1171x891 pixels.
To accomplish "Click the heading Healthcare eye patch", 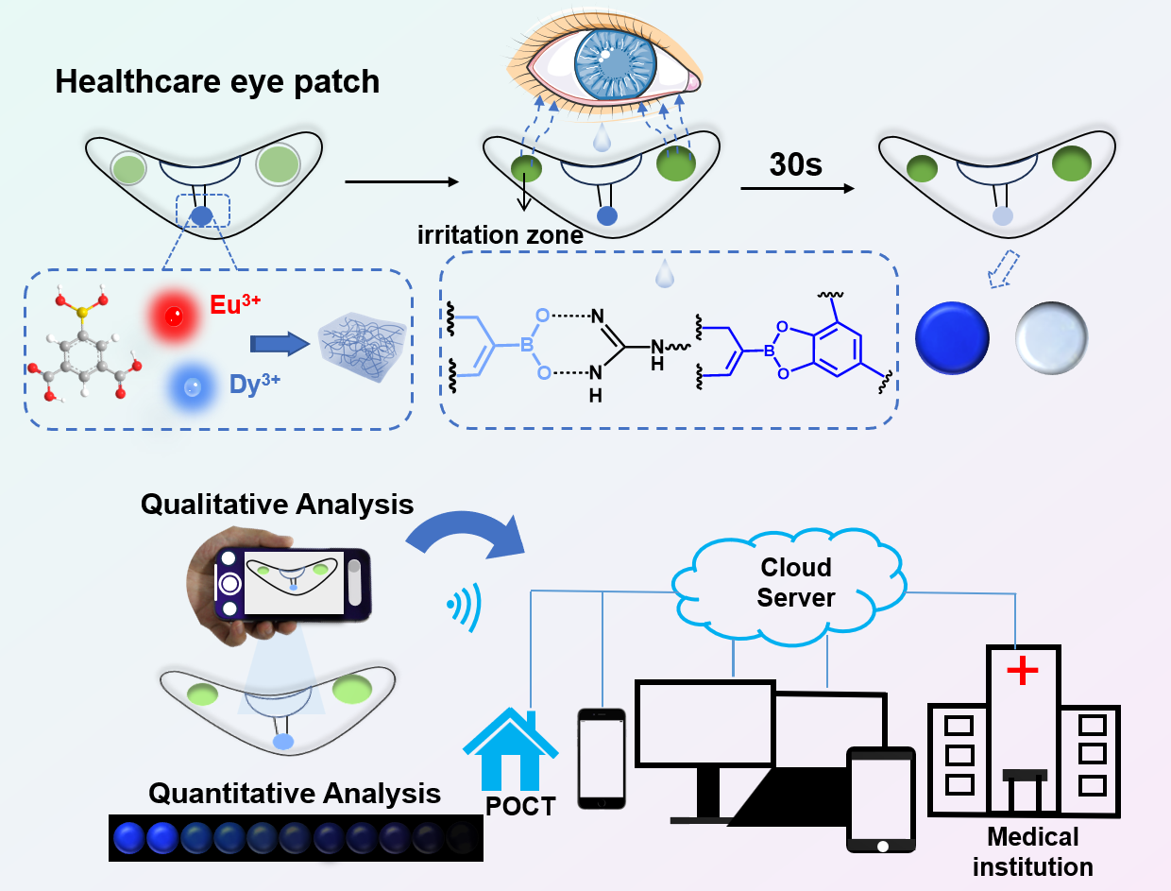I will click(217, 82).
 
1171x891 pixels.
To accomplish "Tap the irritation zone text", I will click(500, 236).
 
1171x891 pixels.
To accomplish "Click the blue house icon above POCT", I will click(509, 745).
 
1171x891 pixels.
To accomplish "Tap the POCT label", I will click(519, 805).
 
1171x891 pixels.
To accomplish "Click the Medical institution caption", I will click(1032, 850).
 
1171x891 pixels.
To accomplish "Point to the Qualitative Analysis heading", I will click(277, 504).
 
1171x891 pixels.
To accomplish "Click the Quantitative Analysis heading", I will click(294, 792).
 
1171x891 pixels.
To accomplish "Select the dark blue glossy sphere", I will click(952, 336).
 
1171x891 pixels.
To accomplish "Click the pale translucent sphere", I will click(1051, 335).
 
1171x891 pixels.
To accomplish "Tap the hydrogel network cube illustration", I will click(363, 343).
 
